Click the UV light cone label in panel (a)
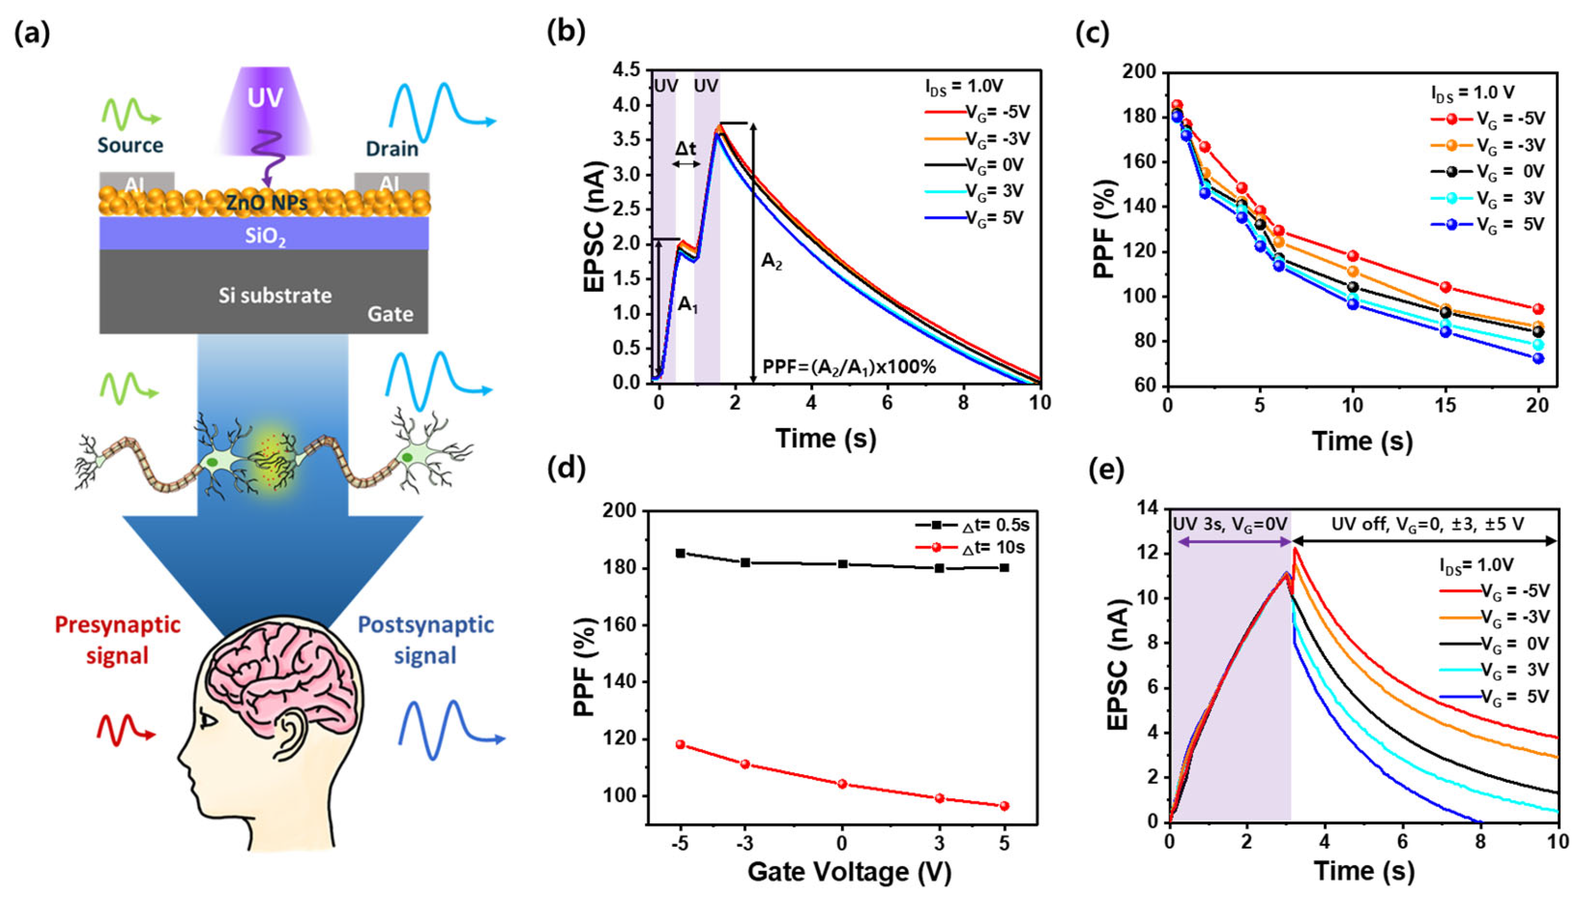point(265,98)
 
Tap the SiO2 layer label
point(265,237)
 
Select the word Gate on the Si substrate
point(390,314)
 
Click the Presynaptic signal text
point(118,640)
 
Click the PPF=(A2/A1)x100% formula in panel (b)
point(849,367)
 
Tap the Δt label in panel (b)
point(685,148)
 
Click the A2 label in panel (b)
point(771,261)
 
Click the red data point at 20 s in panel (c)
point(1537,309)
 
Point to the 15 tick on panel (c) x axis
point(1445,405)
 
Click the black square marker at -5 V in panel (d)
point(681,553)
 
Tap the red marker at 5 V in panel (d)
point(1004,806)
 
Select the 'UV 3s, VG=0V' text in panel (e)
point(1230,523)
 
